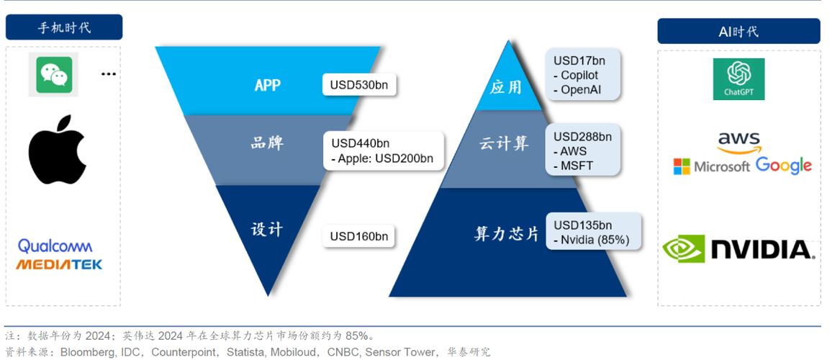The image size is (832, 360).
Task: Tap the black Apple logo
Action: tap(58, 149)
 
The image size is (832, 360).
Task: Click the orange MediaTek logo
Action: tap(59, 264)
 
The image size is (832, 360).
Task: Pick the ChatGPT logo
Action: tap(738, 78)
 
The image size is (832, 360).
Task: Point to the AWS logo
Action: tap(738, 141)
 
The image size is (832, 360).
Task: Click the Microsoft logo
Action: tap(711, 166)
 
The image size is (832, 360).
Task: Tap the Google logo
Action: tap(784, 166)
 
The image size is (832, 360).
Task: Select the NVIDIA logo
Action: tap(738, 249)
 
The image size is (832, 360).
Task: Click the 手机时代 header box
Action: tap(64, 27)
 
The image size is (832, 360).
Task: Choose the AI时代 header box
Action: tap(738, 32)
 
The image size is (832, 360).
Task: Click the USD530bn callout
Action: tap(359, 85)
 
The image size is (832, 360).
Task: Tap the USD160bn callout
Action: tap(359, 235)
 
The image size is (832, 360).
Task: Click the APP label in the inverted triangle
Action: tap(267, 85)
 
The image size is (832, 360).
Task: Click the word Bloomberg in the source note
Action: tap(87, 352)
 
